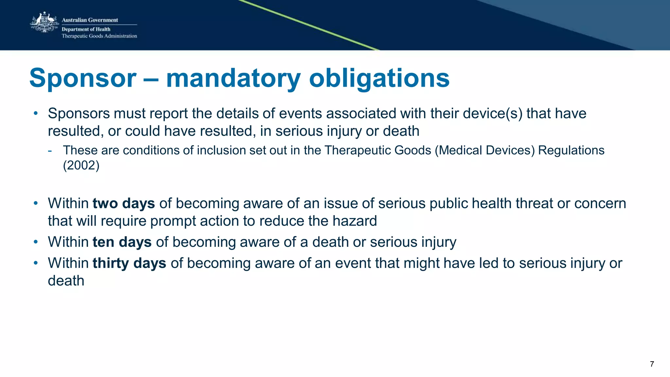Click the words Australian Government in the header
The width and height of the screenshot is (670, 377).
coord(90,20)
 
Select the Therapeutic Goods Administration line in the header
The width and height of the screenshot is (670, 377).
coord(99,36)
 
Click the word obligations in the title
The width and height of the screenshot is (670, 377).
coord(379,78)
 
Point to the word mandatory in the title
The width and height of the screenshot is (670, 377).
coord(233,78)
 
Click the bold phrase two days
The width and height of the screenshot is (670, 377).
coord(124,203)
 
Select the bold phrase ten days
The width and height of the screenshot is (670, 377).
coord(122,242)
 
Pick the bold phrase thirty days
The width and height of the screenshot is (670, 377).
coord(129,263)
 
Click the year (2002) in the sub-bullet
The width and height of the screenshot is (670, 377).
coord(81,165)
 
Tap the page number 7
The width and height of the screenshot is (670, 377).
coord(652,364)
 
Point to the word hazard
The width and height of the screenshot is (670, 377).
coord(355,221)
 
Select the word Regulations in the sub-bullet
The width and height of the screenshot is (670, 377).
coord(571,150)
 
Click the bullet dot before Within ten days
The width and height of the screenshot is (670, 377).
coord(36,242)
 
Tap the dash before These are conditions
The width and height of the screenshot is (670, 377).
coord(50,151)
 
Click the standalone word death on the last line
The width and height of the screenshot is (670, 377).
coord(66,281)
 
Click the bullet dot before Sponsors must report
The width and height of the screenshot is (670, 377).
coord(36,113)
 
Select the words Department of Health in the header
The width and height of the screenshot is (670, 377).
coord(86,29)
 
